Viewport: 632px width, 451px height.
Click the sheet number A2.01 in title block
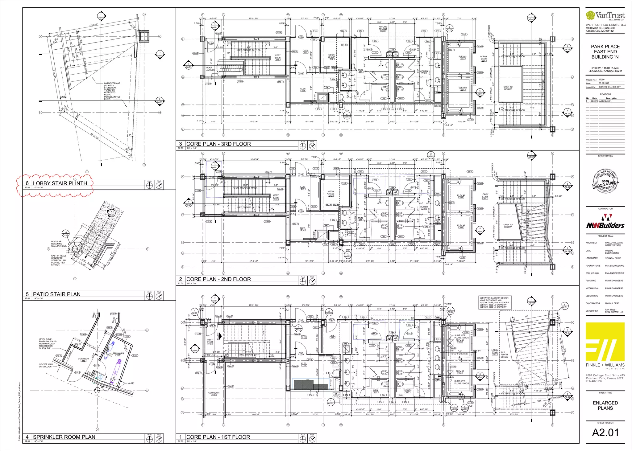pos(605,433)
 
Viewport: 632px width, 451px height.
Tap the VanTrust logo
pos(605,15)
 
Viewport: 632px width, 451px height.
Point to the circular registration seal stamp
pos(605,181)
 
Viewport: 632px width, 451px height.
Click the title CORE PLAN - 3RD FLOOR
pos(218,144)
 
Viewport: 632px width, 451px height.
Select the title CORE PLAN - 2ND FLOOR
pos(218,279)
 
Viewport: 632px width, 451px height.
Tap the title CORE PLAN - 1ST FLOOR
pos(218,437)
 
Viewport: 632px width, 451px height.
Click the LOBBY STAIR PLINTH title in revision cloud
pos(60,183)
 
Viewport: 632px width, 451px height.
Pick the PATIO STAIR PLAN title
pos(56,294)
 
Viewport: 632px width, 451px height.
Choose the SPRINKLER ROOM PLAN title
pos(64,437)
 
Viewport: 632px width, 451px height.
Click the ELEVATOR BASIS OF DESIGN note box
pos(494,302)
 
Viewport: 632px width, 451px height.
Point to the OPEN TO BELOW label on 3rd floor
pos(508,88)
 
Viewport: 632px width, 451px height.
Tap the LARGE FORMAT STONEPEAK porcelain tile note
pos(112,91)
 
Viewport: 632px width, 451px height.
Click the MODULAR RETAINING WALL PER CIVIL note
pos(59,244)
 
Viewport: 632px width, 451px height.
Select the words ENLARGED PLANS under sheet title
pos(605,405)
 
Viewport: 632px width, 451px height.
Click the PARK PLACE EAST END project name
pos(605,52)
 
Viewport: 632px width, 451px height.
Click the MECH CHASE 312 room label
pos(331,57)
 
